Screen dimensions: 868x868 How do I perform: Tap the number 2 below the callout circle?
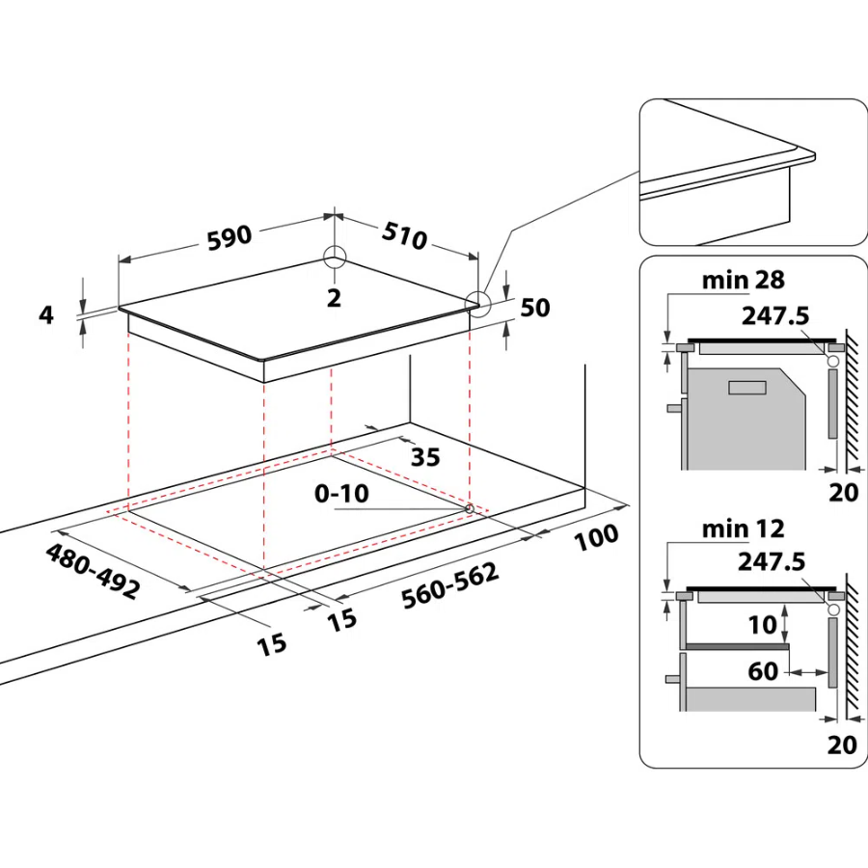tap(335, 298)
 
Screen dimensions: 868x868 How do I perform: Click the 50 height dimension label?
tap(534, 308)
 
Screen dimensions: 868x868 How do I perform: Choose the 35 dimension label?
tap(425, 455)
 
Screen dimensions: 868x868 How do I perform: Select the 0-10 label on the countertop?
tap(341, 494)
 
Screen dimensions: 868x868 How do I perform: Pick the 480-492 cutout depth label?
tap(93, 571)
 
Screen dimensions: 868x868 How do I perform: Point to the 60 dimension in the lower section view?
tap(763, 670)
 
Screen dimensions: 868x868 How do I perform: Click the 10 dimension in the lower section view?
tap(762, 625)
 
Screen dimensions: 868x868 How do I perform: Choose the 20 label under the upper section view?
tap(843, 493)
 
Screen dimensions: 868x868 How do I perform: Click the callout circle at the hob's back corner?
tap(335, 258)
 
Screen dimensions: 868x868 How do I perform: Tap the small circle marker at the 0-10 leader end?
tap(469, 507)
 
